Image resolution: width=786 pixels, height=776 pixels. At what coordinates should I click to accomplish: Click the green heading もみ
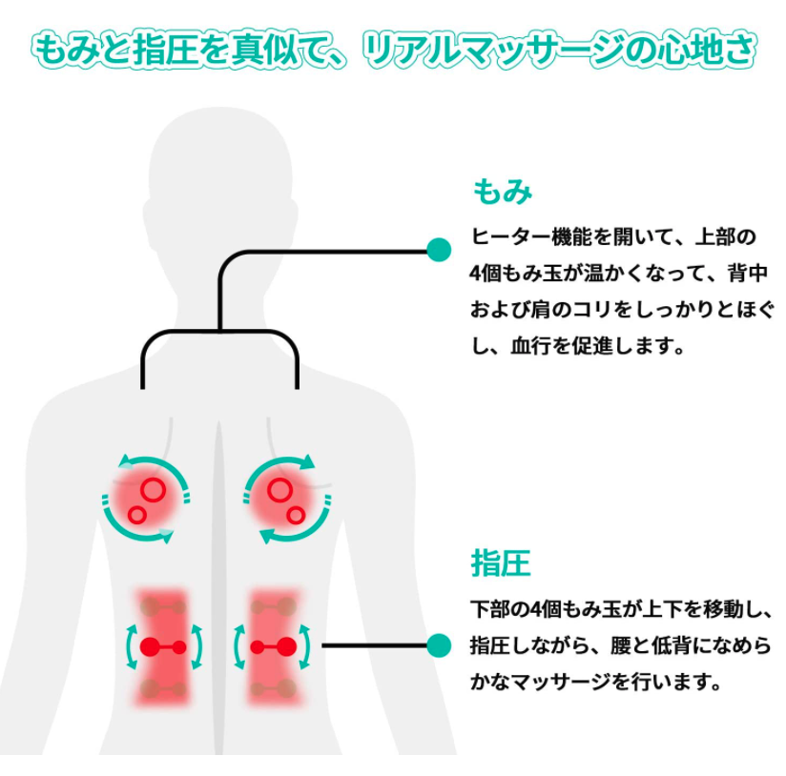tap(502, 192)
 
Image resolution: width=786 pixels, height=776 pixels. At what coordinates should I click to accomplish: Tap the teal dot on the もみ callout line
tap(439, 251)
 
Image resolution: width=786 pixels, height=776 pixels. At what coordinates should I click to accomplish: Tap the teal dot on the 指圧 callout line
tap(439, 645)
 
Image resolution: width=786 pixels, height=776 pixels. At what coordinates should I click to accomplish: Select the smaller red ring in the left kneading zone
tap(136, 515)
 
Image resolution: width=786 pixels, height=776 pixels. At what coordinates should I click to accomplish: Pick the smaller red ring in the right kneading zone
tap(296, 515)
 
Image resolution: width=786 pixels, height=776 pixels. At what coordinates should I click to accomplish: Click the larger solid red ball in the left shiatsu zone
tap(149, 646)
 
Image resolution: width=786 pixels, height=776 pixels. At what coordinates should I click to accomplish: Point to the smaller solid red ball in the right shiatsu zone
tap(257, 646)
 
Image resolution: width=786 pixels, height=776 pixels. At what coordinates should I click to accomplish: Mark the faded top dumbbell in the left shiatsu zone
tap(163, 605)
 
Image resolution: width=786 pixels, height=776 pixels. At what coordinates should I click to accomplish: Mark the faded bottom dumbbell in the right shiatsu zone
tap(272, 688)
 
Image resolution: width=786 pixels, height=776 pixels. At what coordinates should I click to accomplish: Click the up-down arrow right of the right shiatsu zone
tap(305, 645)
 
